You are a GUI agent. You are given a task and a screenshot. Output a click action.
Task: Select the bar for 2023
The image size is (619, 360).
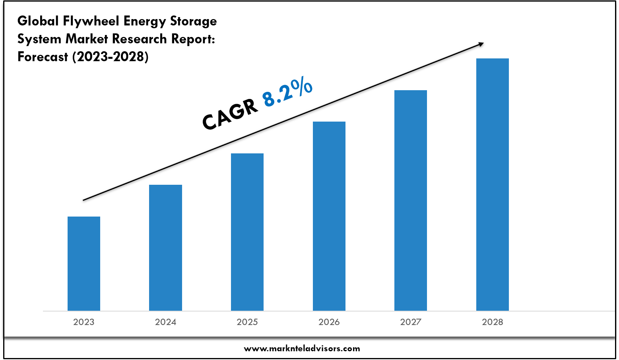(x=84, y=263)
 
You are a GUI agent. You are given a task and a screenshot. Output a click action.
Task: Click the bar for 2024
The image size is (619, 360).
(x=165, y=248)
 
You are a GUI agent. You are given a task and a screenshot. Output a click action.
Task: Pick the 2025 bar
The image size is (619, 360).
(x=247, y=232)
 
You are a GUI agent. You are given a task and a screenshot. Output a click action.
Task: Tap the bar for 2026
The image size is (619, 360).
(x=329, y=216)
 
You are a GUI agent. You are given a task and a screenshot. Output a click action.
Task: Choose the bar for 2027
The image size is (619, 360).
(x=411, y=200)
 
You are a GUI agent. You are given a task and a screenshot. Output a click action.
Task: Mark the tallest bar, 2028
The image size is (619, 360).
(x=493, y=184)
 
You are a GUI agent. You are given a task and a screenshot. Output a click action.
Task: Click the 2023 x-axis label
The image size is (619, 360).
(x=84, y=322)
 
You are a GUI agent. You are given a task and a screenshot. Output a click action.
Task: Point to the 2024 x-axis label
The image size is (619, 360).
(x=165, y=322)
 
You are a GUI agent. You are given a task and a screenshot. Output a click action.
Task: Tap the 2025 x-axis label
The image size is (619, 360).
(x=247, y=322)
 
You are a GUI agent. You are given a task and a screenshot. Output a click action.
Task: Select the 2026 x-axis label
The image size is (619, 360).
(x=329, y=322)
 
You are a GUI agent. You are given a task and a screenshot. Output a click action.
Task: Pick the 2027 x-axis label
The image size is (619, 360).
(x=411, y=322)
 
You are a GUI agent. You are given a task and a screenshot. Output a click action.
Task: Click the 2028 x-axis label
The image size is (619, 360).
(x=493, y=322)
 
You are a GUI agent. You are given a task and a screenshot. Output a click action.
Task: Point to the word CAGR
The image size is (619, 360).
(x=230, y=114)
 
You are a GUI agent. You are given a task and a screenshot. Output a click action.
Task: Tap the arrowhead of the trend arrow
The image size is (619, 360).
(x=481, y=44)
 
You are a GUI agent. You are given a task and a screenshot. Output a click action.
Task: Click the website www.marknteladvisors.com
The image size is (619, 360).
(x=302, y=349)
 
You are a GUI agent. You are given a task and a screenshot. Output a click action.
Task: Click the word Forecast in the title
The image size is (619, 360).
(x=43, y=57)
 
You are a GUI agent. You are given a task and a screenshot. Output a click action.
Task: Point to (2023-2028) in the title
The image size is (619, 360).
(x=110, y=57)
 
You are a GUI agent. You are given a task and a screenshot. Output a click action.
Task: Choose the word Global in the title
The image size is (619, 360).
(x=38, y=21)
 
